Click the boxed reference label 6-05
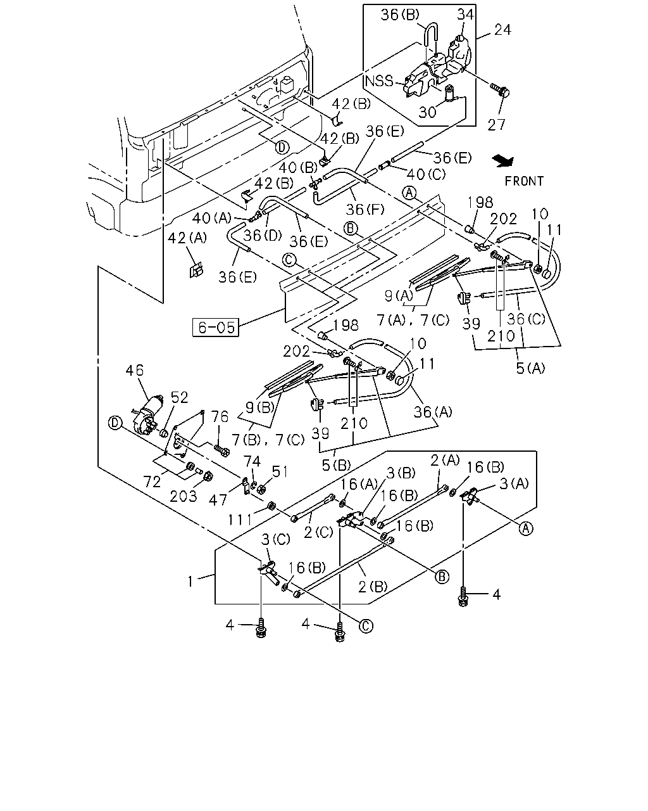click(216, 327)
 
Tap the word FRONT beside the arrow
click(524, 181)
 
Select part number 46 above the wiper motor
click(135, 371)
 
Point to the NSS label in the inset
click(379, 80)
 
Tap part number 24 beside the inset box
click(502, 30)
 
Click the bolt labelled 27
click(500, 89)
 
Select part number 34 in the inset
click(465, 15)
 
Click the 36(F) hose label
click(365, 209)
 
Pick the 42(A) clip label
click(187, 238)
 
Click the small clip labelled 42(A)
click(196, 270)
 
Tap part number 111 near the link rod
click(240, 520)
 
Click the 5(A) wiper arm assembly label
click(530, 368)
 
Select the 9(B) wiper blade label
click(260, 407)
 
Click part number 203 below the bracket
click(184, 496)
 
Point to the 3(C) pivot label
click(276, 540)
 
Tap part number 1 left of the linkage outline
click(190, 582)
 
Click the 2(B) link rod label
click(373, 587)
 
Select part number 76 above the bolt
click(220, 417)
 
